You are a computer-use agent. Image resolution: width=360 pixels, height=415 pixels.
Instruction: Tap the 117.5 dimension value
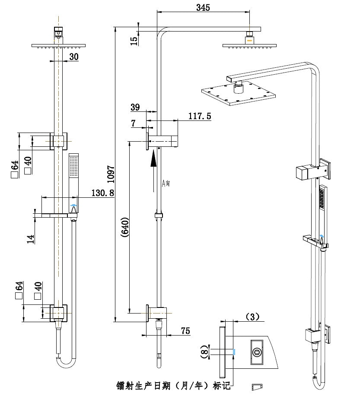click(199, 116)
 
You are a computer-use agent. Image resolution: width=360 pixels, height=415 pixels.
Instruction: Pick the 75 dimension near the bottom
click(185, 331)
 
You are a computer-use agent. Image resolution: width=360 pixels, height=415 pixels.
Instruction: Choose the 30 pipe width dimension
click(73, 57)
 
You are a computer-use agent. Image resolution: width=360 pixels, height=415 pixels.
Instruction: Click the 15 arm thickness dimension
click(134, 41)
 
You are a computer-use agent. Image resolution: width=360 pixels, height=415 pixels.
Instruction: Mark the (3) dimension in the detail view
click(252, 317)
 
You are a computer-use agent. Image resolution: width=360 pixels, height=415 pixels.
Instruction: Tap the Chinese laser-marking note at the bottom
click(173, 385)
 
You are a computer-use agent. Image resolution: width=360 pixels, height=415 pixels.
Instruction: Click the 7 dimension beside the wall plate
click(134, 123)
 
